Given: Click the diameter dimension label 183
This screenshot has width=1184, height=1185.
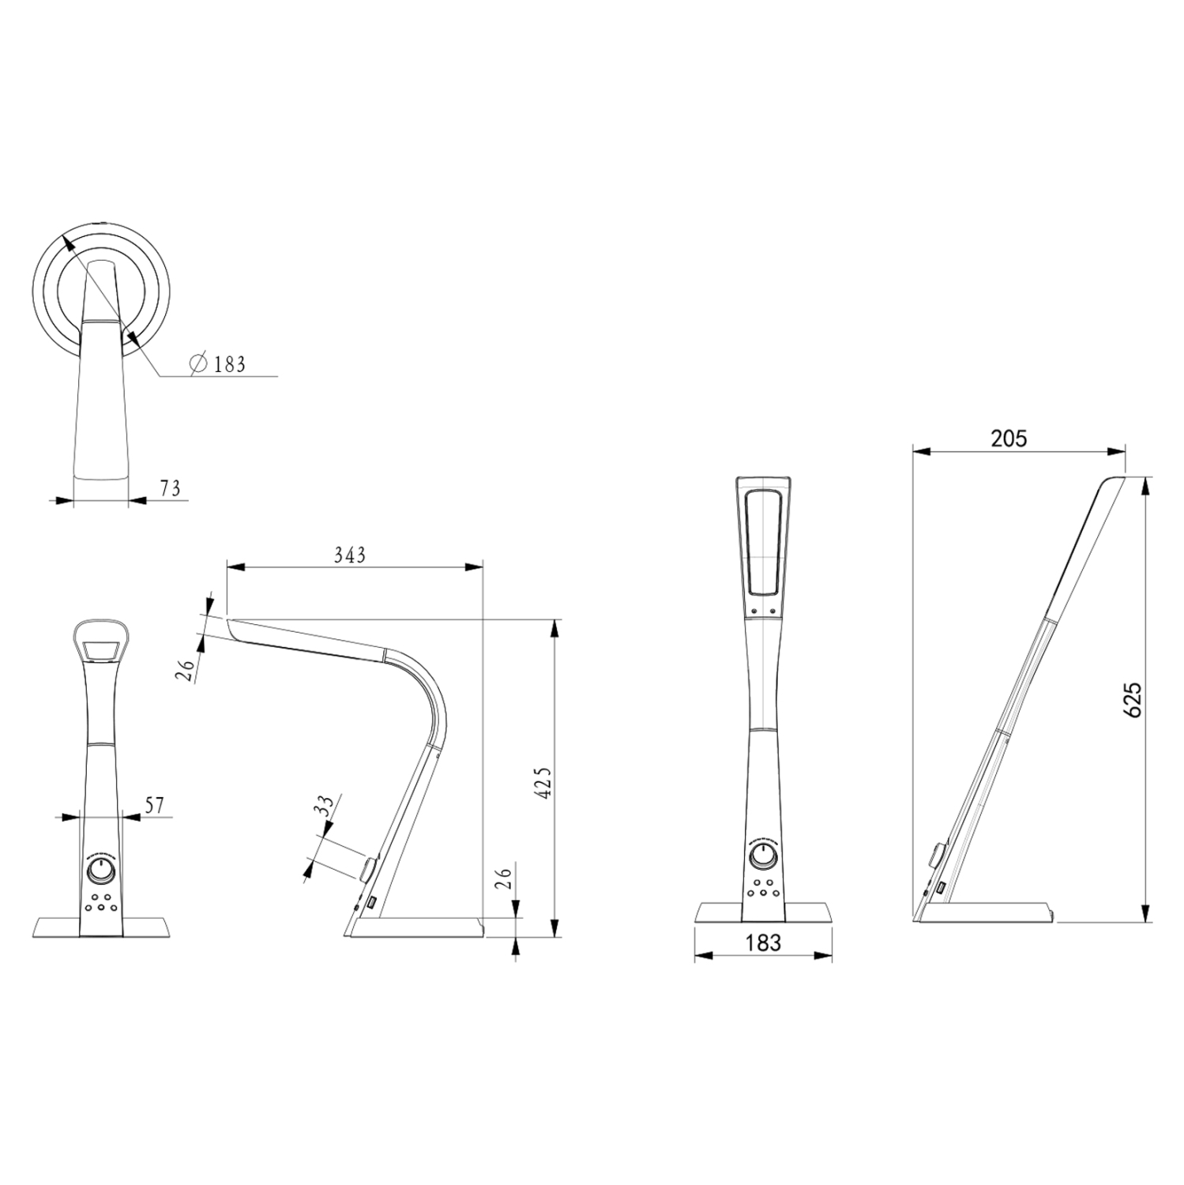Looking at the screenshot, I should click(x=229, y=364).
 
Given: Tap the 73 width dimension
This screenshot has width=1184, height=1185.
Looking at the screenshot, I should click(x=170, y=489).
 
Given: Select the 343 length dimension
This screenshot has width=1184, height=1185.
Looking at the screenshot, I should click(x=349, y=555).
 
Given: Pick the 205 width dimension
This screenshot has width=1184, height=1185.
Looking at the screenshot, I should click(x=1009, y=438).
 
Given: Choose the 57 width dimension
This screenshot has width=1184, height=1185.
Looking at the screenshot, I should click(x=155, y=805).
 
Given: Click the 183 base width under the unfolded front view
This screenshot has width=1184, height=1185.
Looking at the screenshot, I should click(x=762, y=942).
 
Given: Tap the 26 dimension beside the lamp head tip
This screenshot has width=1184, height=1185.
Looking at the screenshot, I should click(x=186, y=671).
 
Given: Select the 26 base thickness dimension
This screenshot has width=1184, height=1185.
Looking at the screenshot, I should click(x=505, y=877).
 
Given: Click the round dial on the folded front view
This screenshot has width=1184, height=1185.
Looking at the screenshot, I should click(x=100, y=871).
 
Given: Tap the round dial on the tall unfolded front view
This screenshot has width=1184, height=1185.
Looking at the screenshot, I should click(x=763, y=857).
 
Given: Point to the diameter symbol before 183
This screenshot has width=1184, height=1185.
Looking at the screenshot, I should click(x=197, y=363).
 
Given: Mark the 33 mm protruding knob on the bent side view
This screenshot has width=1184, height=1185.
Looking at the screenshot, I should click(x=368, y=869).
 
